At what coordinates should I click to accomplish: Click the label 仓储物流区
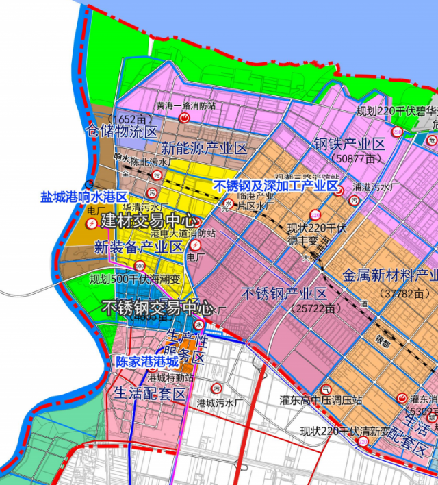[x=121, y=130]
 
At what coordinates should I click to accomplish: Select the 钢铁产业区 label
[x=350, y=144]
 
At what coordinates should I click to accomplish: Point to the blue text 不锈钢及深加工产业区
[x=276, y=186]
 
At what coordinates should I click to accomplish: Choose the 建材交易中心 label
[x=149, y=221]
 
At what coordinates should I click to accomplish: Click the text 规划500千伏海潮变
[x=136, y=279]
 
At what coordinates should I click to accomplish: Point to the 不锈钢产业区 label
[x=285, y=295]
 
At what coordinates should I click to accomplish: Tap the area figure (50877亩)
[x=354, y=158]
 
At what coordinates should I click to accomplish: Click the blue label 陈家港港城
[x=146, y=360]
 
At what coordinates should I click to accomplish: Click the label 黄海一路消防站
[x=186, y=106]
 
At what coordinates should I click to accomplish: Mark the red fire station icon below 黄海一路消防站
[x=184, y=119]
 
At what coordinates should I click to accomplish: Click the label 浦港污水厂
[x=375, y=186]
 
